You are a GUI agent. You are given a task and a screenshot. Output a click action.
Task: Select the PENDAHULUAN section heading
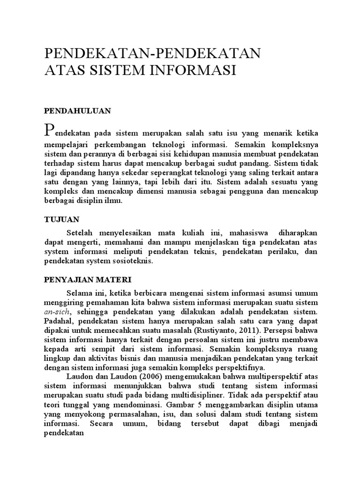[77, 111]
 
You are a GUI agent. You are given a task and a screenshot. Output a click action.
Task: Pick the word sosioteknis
[132, 262]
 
